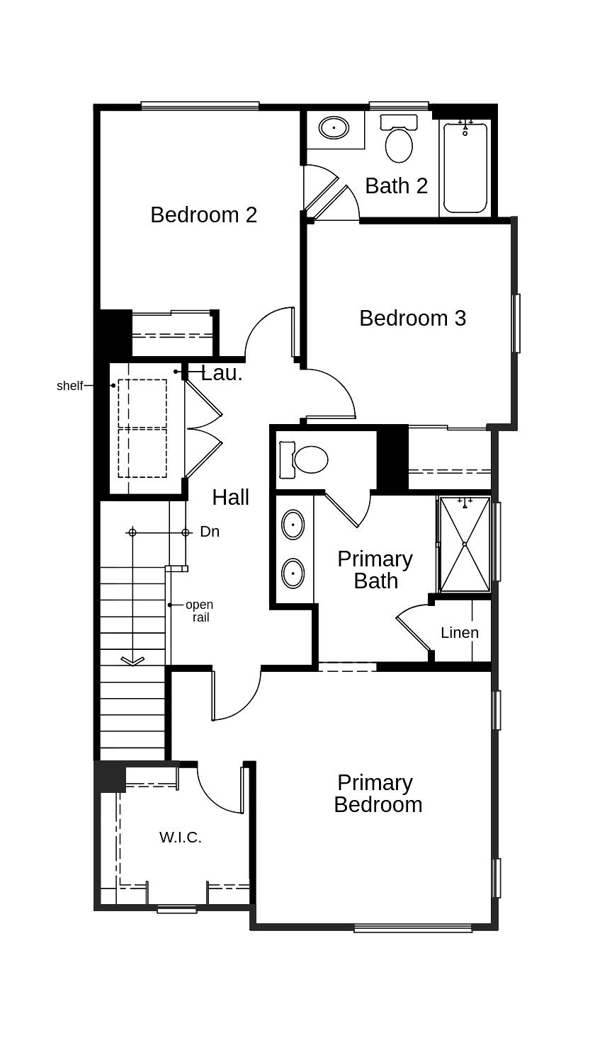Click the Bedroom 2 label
click(203, 215)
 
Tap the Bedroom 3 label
click(412, 318)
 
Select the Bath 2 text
click(396, 185)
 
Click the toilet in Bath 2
click(399, 141)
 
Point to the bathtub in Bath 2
click(465, 168)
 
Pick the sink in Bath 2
click(334, 128)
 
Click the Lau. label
click(222, 373)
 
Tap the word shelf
click(69, 386)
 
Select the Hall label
click(230, 497)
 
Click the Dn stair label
click(210, 532)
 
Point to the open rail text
click(199, 611)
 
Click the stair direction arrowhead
click(132, 661)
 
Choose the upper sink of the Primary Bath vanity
click(293, 525)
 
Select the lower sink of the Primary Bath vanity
click(293, 573)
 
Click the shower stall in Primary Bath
click(465, 544)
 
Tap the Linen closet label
click(460, 632)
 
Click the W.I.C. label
click(180, 837)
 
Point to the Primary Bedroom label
click(378, 793)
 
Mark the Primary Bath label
click(375, 569)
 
